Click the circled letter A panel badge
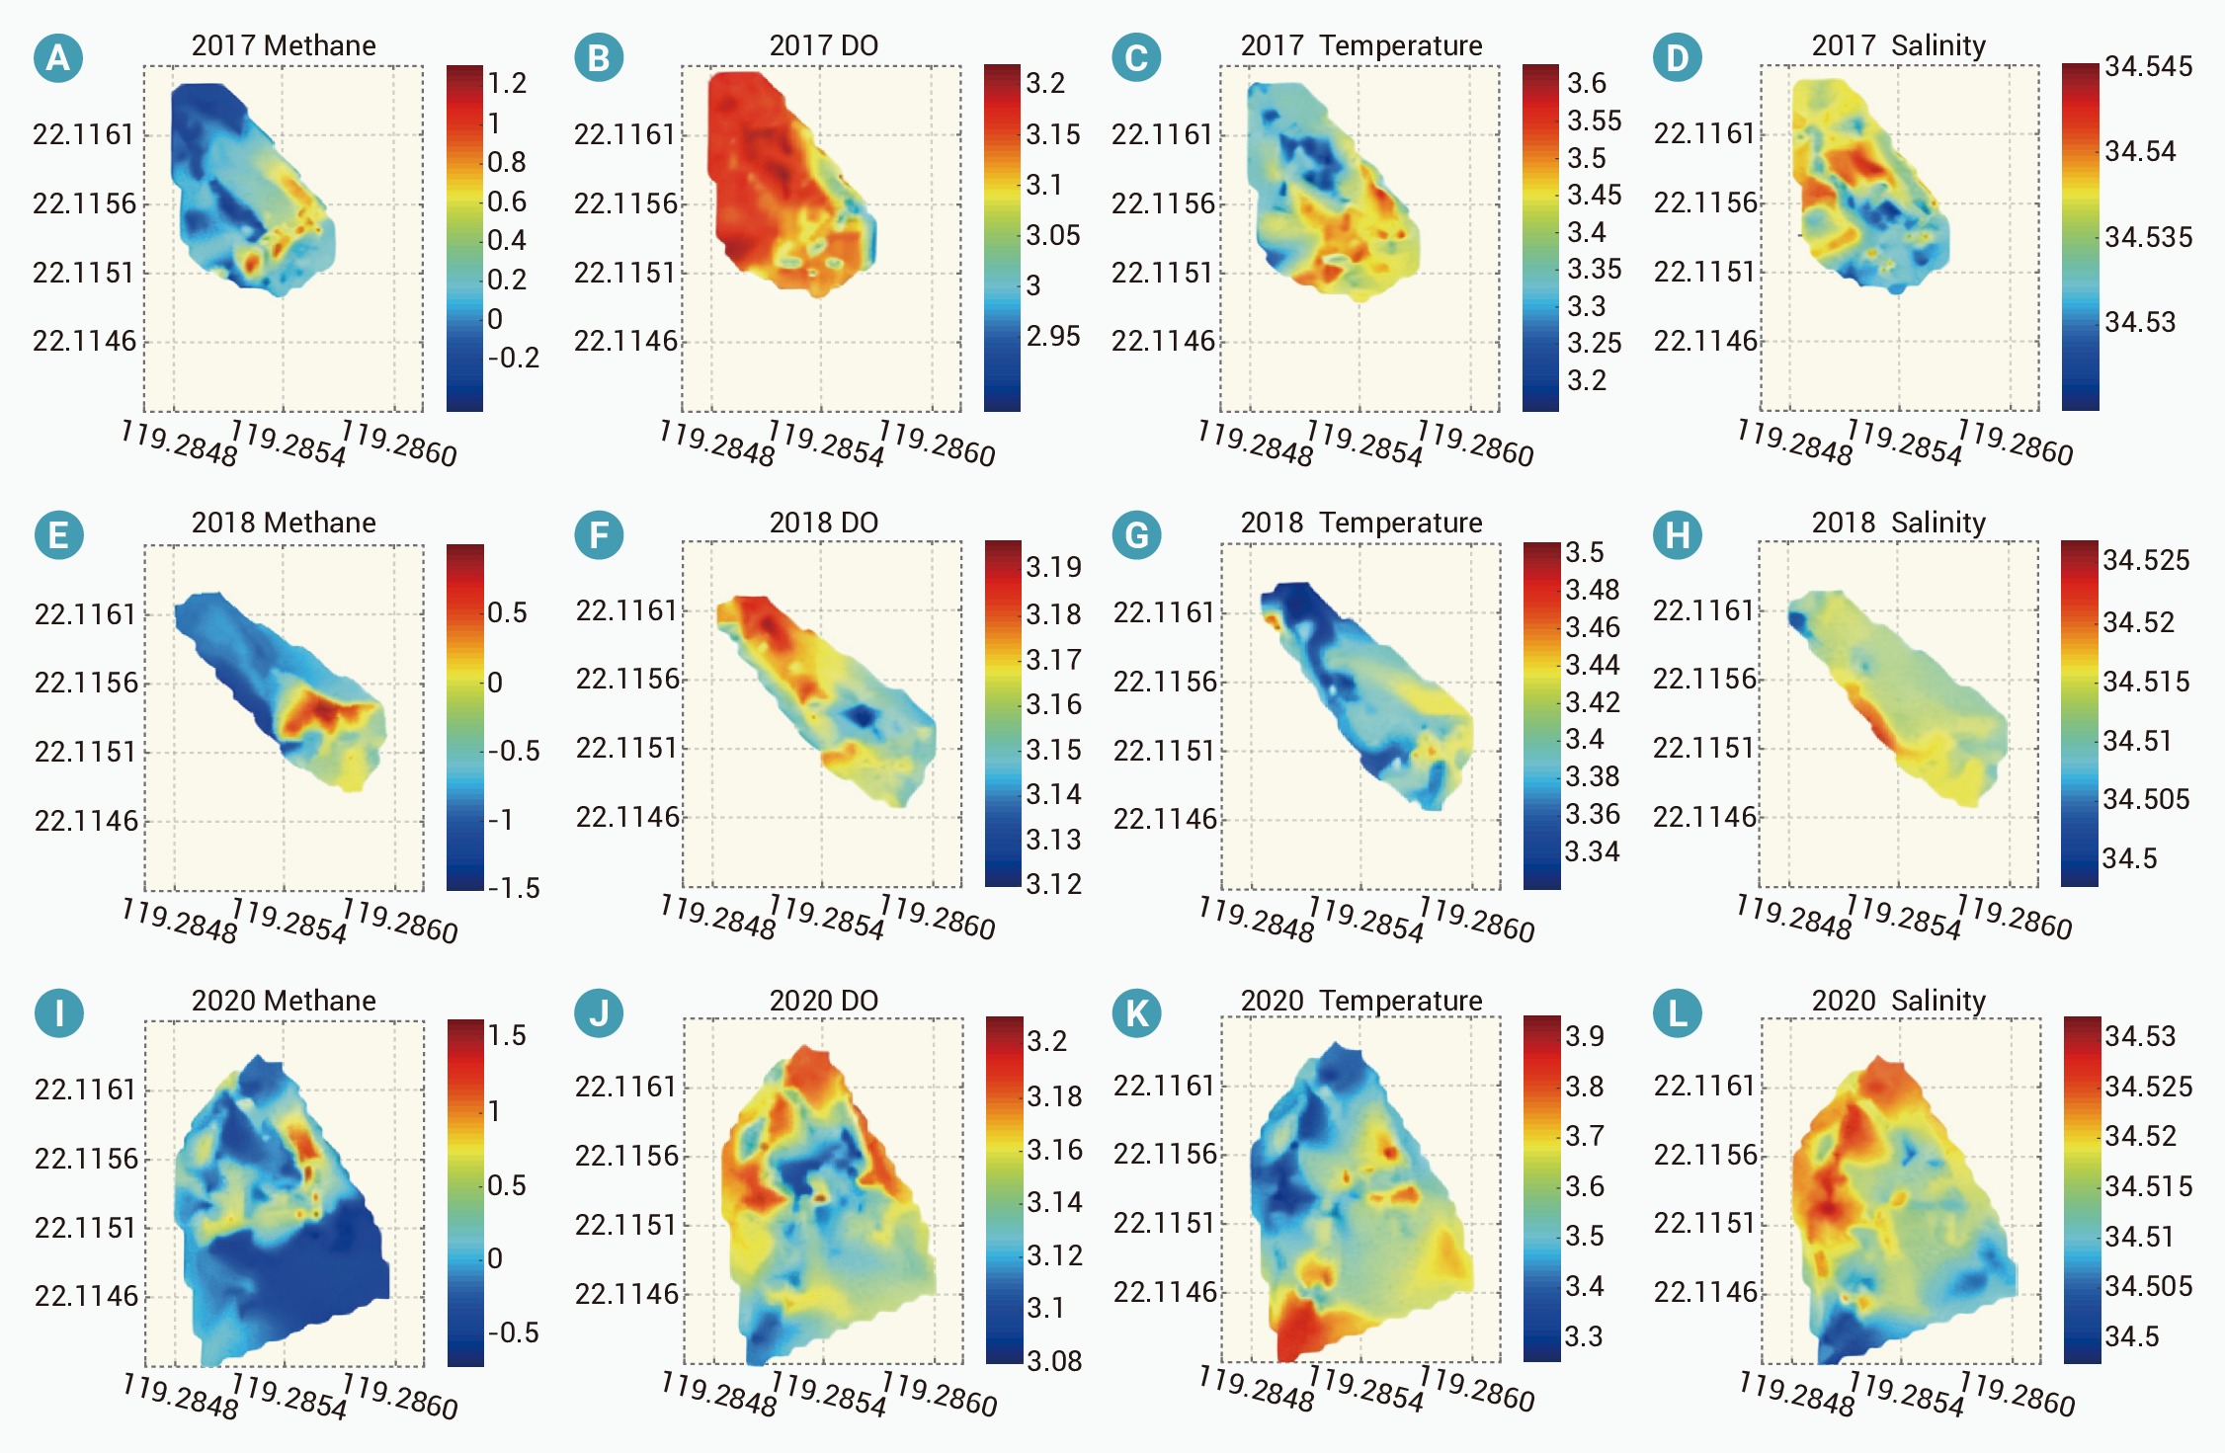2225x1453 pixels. (x=58, y=58)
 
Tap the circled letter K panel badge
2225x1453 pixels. (x=1136, y=1013)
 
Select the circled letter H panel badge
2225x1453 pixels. (x=1678, y=535)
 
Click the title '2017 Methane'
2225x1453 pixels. (x=284, y=45)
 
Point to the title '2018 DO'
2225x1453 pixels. (x=824, y=523)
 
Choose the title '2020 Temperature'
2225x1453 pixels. (x=1361, y=1001)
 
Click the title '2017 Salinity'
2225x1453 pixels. (x=1898, y=45)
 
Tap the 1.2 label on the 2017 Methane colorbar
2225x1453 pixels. (x=508, y=83)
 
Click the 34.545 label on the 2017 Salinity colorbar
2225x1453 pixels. (x=2148, y=66)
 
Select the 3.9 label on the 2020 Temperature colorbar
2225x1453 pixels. (x=1585, y=1036)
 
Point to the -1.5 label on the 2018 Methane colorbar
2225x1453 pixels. (x=514, y=888)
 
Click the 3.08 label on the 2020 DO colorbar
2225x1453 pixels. (x=1054, y=1361)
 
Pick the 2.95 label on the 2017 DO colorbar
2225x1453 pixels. (x=1053, y=336)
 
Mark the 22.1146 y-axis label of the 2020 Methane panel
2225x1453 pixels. (x=86, y=1296)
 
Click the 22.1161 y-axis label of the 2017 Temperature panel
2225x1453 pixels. (x=1163, y=134)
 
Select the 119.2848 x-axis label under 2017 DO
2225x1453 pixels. (x=717, y=443)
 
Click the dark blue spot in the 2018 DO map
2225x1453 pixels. (x=864, y=714)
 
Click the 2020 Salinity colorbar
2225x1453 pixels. (x=2082, y=1189)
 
